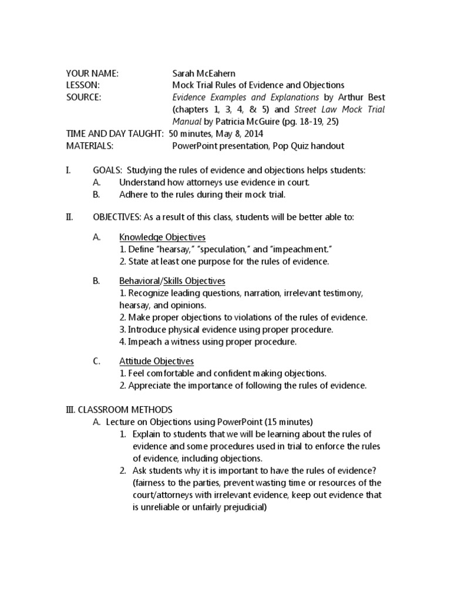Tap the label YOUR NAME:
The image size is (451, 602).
coord(92,73)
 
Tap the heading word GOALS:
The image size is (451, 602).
coord(107,170)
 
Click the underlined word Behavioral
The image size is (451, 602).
coord(140,281)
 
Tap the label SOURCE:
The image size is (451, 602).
coord(84,97)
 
